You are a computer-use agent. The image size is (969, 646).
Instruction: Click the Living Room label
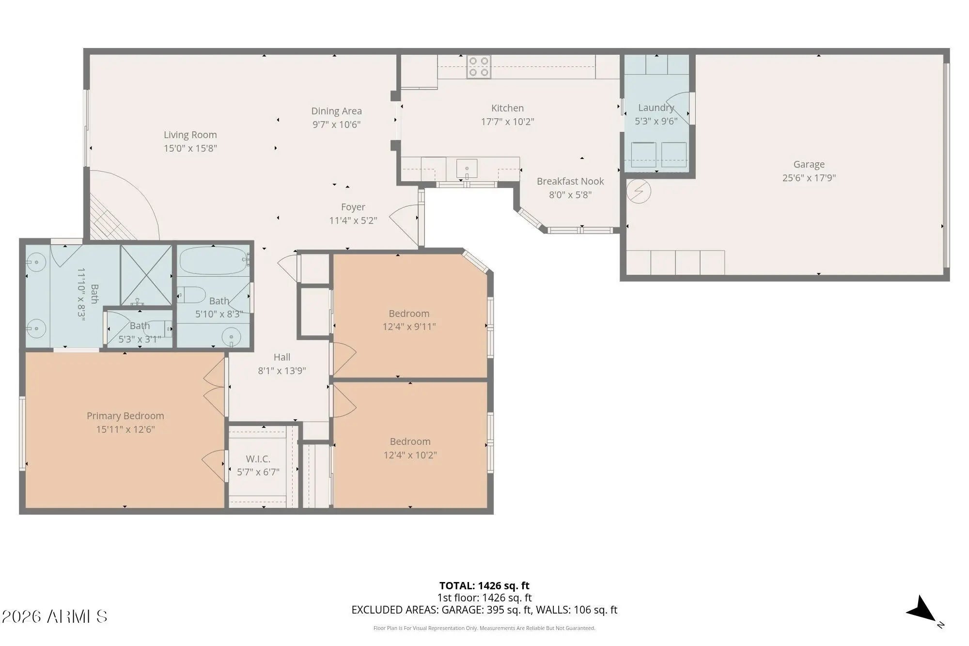(190, 135)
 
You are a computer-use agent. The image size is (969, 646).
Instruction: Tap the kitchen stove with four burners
(478, 66)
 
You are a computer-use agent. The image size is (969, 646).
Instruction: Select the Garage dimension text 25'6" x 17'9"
(809, 178)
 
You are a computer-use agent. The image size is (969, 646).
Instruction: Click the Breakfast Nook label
(570, 181)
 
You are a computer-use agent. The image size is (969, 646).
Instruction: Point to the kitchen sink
(467, 168)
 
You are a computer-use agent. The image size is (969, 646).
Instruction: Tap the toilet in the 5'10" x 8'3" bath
(191, 295)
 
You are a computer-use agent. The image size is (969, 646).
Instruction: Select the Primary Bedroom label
(125, 416)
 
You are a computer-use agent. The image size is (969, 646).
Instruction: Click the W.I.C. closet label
(258, 458)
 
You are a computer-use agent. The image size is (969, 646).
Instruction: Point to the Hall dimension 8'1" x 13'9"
(282, 371)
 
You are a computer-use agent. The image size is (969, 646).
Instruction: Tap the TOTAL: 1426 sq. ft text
(484, 585)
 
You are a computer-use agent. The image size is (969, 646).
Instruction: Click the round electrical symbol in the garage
(639, 191)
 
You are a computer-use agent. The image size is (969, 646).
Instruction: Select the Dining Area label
(336, 111)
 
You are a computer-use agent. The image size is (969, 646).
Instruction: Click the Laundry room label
(656, 108)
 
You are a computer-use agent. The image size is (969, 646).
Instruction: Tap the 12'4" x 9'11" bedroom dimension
(409, 327)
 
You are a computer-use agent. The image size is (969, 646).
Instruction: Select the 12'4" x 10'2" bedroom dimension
(410, 455)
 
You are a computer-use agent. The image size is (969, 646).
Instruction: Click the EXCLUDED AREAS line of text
(484, 610)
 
